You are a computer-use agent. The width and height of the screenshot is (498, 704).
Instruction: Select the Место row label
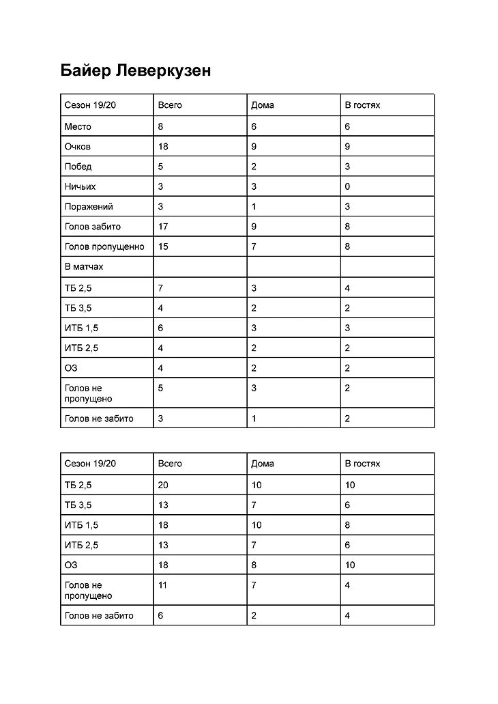[x=78, y=126]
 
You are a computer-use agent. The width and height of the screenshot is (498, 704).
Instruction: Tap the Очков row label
[x=78, y=146]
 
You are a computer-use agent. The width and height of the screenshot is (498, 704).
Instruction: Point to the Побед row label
[x=78, y=167]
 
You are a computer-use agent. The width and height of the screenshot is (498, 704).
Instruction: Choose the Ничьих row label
[x=80, y=186]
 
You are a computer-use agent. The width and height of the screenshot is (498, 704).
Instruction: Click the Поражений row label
[x=89, y=206]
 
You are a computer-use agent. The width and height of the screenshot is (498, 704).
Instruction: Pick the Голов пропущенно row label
[x=104, y=247]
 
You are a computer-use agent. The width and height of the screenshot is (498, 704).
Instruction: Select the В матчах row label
[x=84, y=266]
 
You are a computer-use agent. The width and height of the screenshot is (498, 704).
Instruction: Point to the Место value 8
[x=160, y=126]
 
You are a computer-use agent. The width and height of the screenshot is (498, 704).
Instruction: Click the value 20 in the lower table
[x=163, y=485]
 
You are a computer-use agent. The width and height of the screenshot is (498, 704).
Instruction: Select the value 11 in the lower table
[x=162, y=585]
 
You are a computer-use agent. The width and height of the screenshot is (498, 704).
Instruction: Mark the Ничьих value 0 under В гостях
[x=347, y=186]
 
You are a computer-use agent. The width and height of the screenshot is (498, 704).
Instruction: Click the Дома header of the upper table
[x=263, y=105]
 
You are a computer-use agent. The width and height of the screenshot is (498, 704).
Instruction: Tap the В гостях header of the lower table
[x=362, y=464]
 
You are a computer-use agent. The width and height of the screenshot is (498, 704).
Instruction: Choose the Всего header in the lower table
[x=170, y=464]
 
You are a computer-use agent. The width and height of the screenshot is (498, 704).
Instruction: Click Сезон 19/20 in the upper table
[x=90, y=105]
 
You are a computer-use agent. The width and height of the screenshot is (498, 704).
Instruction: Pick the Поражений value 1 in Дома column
[x=254, y=206]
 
